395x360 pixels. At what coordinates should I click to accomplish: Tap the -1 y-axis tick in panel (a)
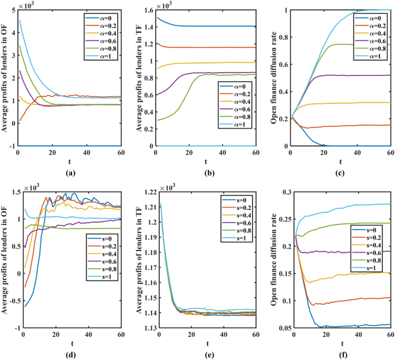point(11,147)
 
